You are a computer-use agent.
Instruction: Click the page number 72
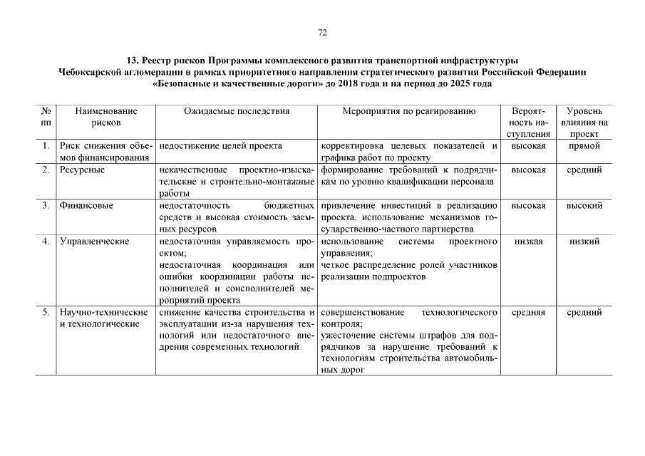pos(322,32)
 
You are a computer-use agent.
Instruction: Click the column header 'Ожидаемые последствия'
pos(236,111)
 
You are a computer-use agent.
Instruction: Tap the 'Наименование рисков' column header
pos(106,117)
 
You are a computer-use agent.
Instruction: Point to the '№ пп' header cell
pos(46,117)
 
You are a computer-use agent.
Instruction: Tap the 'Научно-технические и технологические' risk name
pos(103,318)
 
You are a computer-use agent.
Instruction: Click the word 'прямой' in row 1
pos(584,145)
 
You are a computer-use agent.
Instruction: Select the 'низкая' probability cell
pos(528,241)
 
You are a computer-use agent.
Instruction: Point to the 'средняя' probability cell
pos(528,312)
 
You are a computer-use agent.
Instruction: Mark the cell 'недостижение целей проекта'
pos(221,145)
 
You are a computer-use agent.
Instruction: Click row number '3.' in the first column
pos(46,205)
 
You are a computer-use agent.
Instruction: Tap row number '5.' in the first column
pos(46,312)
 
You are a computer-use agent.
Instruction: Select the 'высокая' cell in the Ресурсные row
pos(528,170)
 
